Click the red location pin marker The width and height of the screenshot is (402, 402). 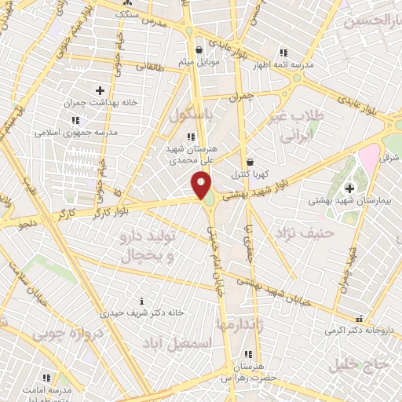(201, 185)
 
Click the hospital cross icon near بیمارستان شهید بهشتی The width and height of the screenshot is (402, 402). (349, 188)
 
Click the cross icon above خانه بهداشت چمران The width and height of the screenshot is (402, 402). (99, 91)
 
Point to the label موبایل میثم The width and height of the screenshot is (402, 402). (197, 61)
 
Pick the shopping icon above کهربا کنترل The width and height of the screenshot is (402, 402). (250, 162)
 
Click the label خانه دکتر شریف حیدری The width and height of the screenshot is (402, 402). (147, 312)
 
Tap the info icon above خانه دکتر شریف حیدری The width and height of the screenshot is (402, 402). (141, 300)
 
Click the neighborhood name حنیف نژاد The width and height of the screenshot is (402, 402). (305, 233)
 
